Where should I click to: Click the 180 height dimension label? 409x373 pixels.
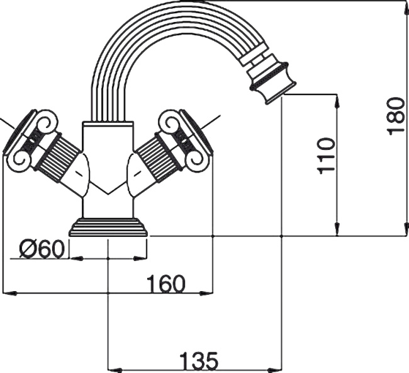point(395,115)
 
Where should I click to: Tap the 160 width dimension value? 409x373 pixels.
point(166,284)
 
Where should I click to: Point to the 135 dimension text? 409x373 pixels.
point(199,362)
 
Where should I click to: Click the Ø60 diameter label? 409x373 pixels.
point(42,250)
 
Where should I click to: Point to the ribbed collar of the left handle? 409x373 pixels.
point(57,160)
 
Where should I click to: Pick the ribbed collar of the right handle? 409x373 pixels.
point(158,160)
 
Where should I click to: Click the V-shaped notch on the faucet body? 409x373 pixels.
point(108,187)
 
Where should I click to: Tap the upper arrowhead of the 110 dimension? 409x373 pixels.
point(338,99)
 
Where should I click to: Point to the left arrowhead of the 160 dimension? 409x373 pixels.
point(8,292)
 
